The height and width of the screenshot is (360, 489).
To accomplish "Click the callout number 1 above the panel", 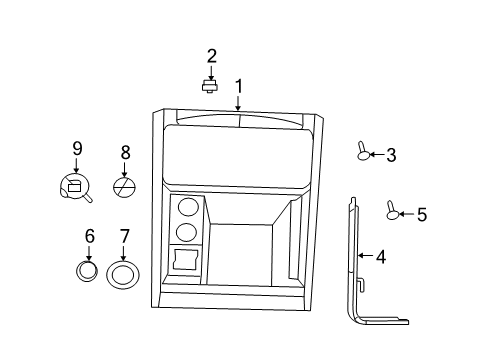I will coord(238,86).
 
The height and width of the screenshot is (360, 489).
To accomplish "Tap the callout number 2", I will coord(211,55).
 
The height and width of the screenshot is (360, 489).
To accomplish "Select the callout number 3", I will coord(391,155).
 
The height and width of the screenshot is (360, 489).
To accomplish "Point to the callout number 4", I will coord(380,257).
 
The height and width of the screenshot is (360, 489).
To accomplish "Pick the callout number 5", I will coord(421,214).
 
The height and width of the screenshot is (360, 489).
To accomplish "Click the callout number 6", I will coord(89,236).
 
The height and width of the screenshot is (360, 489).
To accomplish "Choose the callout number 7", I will coord(124,236).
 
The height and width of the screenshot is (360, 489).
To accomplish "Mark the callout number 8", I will coord(125,153).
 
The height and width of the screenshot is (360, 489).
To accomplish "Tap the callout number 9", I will coord(76,148).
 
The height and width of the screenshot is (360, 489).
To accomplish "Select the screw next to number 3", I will coord(363,152).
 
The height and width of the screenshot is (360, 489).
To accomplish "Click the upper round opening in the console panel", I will coord(185,208).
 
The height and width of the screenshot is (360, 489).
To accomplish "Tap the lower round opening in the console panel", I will coord(185,234).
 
